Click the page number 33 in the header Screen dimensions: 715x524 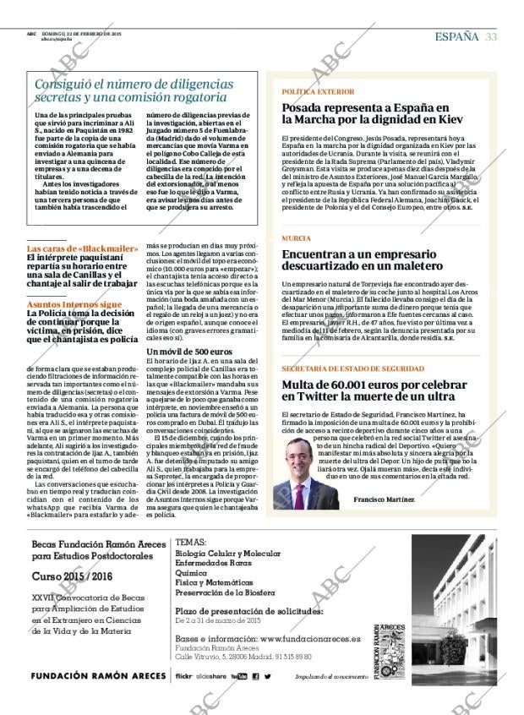click(x=490, y=35)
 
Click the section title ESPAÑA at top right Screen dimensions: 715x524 click(x=456, y=35)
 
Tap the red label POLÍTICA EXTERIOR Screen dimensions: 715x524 click(x=318, y=90)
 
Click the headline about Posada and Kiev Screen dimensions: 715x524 click(x=365, y=113)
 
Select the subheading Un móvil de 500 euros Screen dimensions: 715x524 click(x=189, y=351)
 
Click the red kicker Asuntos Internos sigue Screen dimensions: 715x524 click(x=74, y=303)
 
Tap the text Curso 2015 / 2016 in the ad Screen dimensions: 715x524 click(x=72, y=576)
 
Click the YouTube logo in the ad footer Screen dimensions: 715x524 click(x=238, y=677)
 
